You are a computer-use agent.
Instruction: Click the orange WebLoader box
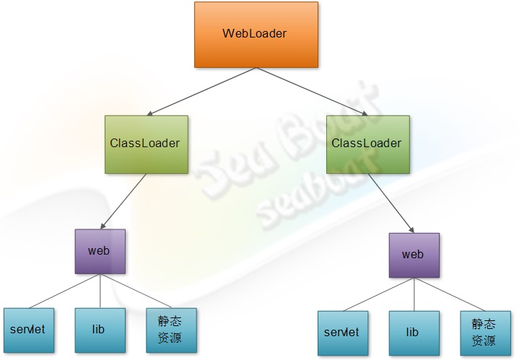tap(256, 35)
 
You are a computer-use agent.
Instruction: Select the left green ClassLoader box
tap(146, 144)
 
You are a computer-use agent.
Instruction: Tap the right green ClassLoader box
tap(367, 144)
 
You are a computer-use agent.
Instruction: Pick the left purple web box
tap(99, 251)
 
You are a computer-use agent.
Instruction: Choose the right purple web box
tap(413, 255)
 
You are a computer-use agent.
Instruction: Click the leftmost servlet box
tap(28, 330)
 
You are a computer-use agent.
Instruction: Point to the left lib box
tap(99, 330)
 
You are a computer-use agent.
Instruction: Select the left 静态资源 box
tap(170, 330)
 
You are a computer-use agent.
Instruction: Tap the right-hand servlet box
tap(342, 333)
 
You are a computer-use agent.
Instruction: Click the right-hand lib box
tap(413, 333)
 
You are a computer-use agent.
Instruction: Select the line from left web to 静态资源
tap(137, 290)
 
